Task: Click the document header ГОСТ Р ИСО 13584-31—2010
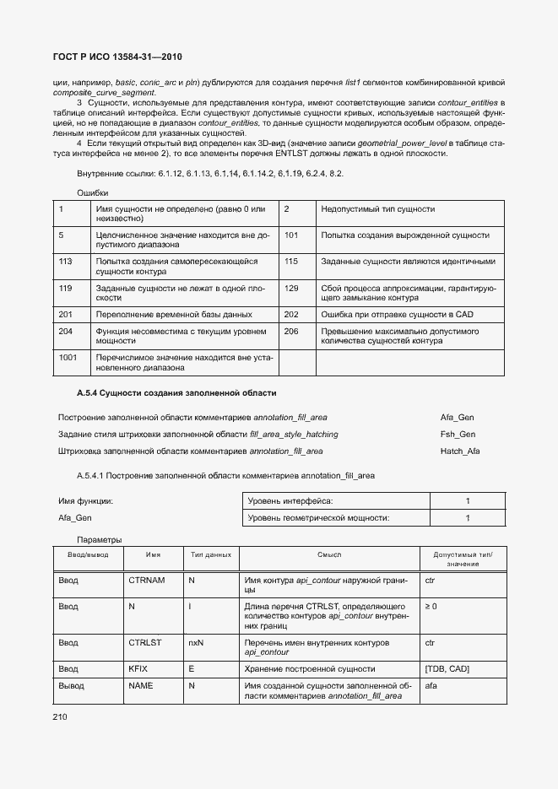(x=117, y=57)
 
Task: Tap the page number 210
(x=60, y=716)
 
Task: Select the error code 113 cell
(x=66, y=262)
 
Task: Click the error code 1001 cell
(x=68, y=358)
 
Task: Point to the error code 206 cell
(x=292, y=332)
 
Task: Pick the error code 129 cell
(x=292, y=289)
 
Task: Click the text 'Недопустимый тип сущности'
(x=377, y=208)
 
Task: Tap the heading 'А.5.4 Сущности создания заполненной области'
(x=176, y=393)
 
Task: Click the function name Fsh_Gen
(x=458, y=434)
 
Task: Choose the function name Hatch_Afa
(x=460, y=451)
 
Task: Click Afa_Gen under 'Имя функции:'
(x=74, y=517)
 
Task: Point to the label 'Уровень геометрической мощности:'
(x=319, y=517)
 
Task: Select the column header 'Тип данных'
(x=210, y=554)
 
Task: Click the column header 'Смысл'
(x=329, y=554)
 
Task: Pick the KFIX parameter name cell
(x=138, y=667)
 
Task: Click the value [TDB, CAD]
(x=447, y=667)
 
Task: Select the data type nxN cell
(x=196, y=642)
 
